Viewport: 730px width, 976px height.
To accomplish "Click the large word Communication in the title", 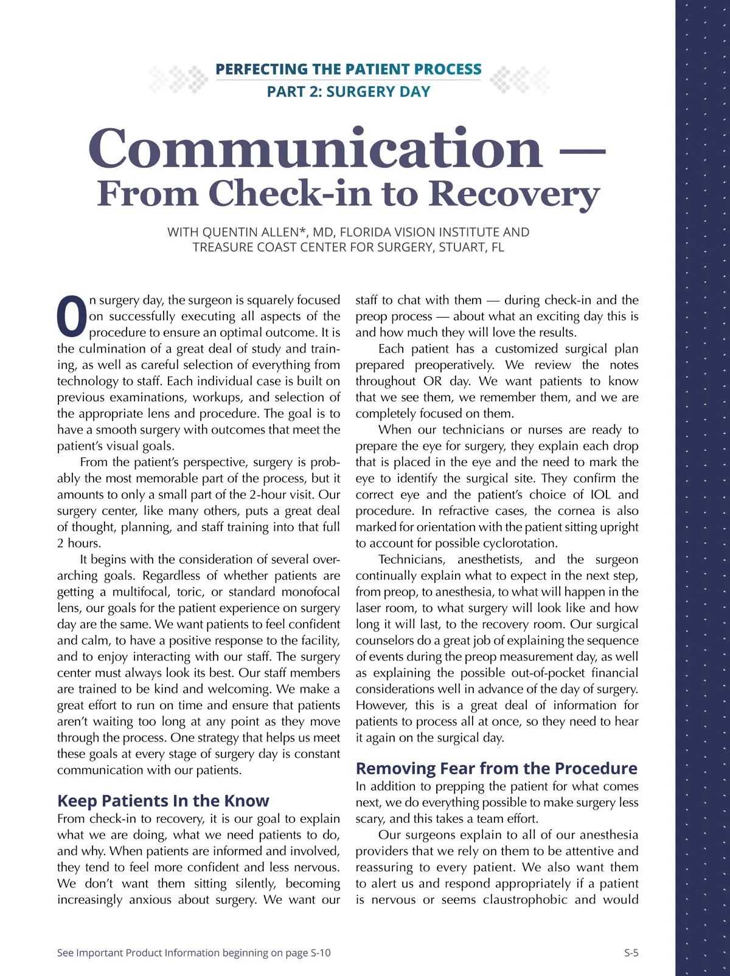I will coord(315,149).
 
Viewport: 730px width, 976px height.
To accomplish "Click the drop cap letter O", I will coord(72,316).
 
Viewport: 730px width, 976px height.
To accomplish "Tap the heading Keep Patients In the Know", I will coord(163,801).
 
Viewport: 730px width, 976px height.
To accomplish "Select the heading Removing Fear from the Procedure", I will coord(496,769).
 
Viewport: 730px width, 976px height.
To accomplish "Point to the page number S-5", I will coord(631,953).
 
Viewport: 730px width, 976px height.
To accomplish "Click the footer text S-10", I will coord(321,953).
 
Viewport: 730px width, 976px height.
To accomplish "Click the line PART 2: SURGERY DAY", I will coord(349,92).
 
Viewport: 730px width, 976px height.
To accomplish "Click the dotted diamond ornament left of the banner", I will coord(179,80).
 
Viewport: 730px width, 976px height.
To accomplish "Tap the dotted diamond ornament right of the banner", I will coord(520,80).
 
